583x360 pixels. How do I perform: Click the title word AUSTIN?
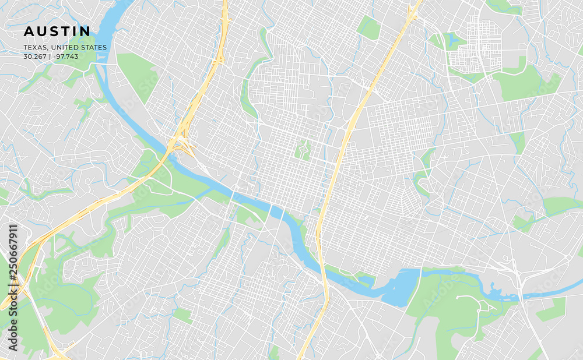[57, 31]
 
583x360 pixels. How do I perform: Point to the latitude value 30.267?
[36, 57]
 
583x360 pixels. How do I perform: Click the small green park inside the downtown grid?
[302, 149]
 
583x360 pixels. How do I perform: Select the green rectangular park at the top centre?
[368, 27]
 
